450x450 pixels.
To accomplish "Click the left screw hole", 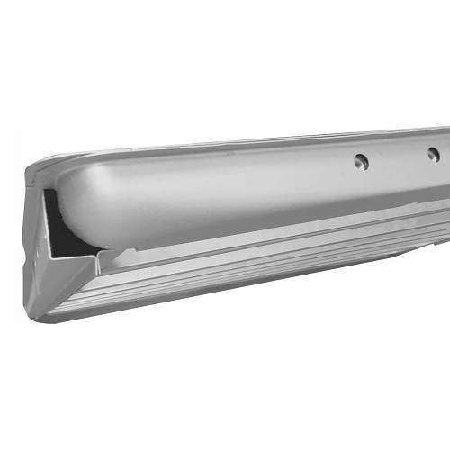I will pyautogui.click(x=361, y=162).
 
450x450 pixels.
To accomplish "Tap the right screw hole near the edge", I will pyautogui.click(x=433, y=155).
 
